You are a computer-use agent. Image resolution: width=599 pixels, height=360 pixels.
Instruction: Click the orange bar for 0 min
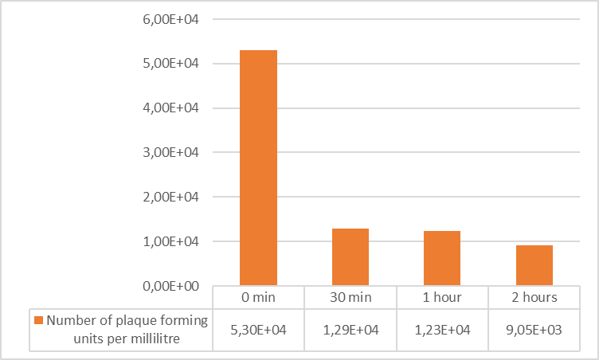258,167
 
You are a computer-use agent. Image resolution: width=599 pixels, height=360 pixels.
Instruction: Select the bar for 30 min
350,256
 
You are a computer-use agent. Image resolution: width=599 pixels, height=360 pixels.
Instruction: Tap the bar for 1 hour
442,258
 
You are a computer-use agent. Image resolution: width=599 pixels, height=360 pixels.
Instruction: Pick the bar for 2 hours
534,265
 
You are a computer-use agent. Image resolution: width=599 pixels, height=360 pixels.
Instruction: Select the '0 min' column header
258,297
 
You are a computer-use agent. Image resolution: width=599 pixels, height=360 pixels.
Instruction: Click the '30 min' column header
350,297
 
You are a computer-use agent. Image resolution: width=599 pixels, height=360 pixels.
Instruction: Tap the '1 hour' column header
442,297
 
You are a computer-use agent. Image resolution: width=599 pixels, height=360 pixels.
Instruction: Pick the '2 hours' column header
534,297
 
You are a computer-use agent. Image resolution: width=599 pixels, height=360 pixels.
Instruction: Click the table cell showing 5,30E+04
258,328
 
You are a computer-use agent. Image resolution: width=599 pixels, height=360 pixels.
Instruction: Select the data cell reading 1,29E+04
350,328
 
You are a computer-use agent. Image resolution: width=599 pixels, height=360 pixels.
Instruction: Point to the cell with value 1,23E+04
442,328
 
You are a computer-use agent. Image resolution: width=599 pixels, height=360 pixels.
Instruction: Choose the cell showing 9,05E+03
534,328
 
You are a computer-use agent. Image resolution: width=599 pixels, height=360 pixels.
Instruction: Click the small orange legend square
38,321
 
